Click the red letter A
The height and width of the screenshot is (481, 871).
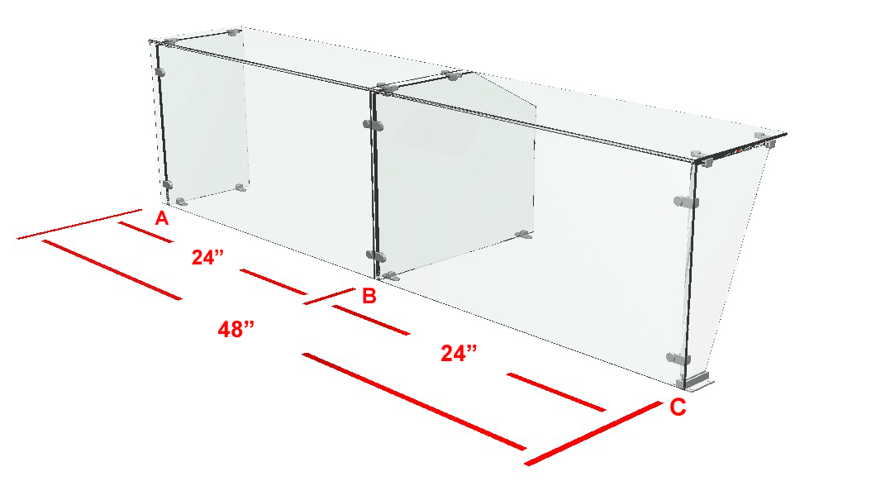point(161,218)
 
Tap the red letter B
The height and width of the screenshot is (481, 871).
point(369,296)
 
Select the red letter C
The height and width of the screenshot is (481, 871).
point(678,407)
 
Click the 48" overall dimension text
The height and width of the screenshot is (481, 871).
point(236,330)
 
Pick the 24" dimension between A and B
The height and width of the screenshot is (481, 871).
point(207,257)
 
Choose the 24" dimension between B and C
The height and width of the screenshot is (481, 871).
point(459,353)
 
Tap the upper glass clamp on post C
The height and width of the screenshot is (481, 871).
point(686,202)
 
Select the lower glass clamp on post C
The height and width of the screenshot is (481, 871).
point(678,359)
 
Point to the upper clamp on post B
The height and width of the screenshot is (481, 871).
point(374,125)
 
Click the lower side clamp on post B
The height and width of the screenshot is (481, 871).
point(376,256)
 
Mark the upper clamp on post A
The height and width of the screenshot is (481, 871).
point(160,72)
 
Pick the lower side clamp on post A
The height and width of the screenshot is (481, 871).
point(167,184)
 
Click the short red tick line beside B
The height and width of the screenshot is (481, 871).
point(329,296)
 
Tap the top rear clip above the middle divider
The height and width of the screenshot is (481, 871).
point(451,75)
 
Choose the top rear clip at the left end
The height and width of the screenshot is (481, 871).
point(234,32)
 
